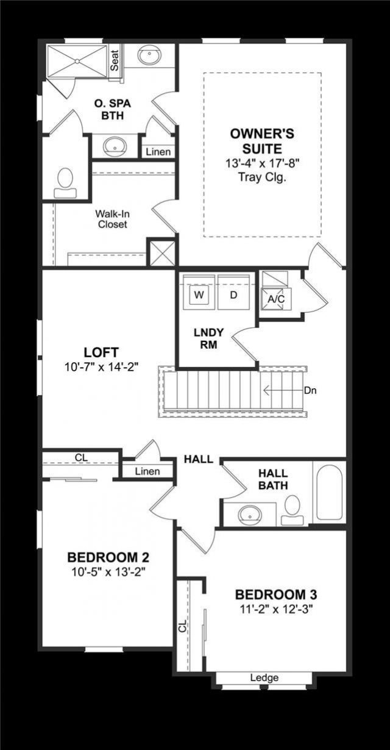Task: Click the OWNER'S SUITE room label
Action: (256, 141)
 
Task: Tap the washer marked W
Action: (198, 295)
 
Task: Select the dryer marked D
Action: (234, 295)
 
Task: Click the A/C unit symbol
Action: (273, 298)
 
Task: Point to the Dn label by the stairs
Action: (310, 390)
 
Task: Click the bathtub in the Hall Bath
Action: (329, 493)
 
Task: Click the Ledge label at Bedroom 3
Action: (264, 677)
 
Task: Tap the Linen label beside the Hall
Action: (147, 471)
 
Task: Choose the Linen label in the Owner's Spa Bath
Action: (158, 152)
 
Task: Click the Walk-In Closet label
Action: (111, 220)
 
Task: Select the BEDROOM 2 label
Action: (108, 557)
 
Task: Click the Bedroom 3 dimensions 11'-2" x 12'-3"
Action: (275, 608)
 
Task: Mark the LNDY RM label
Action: (208, 338)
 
